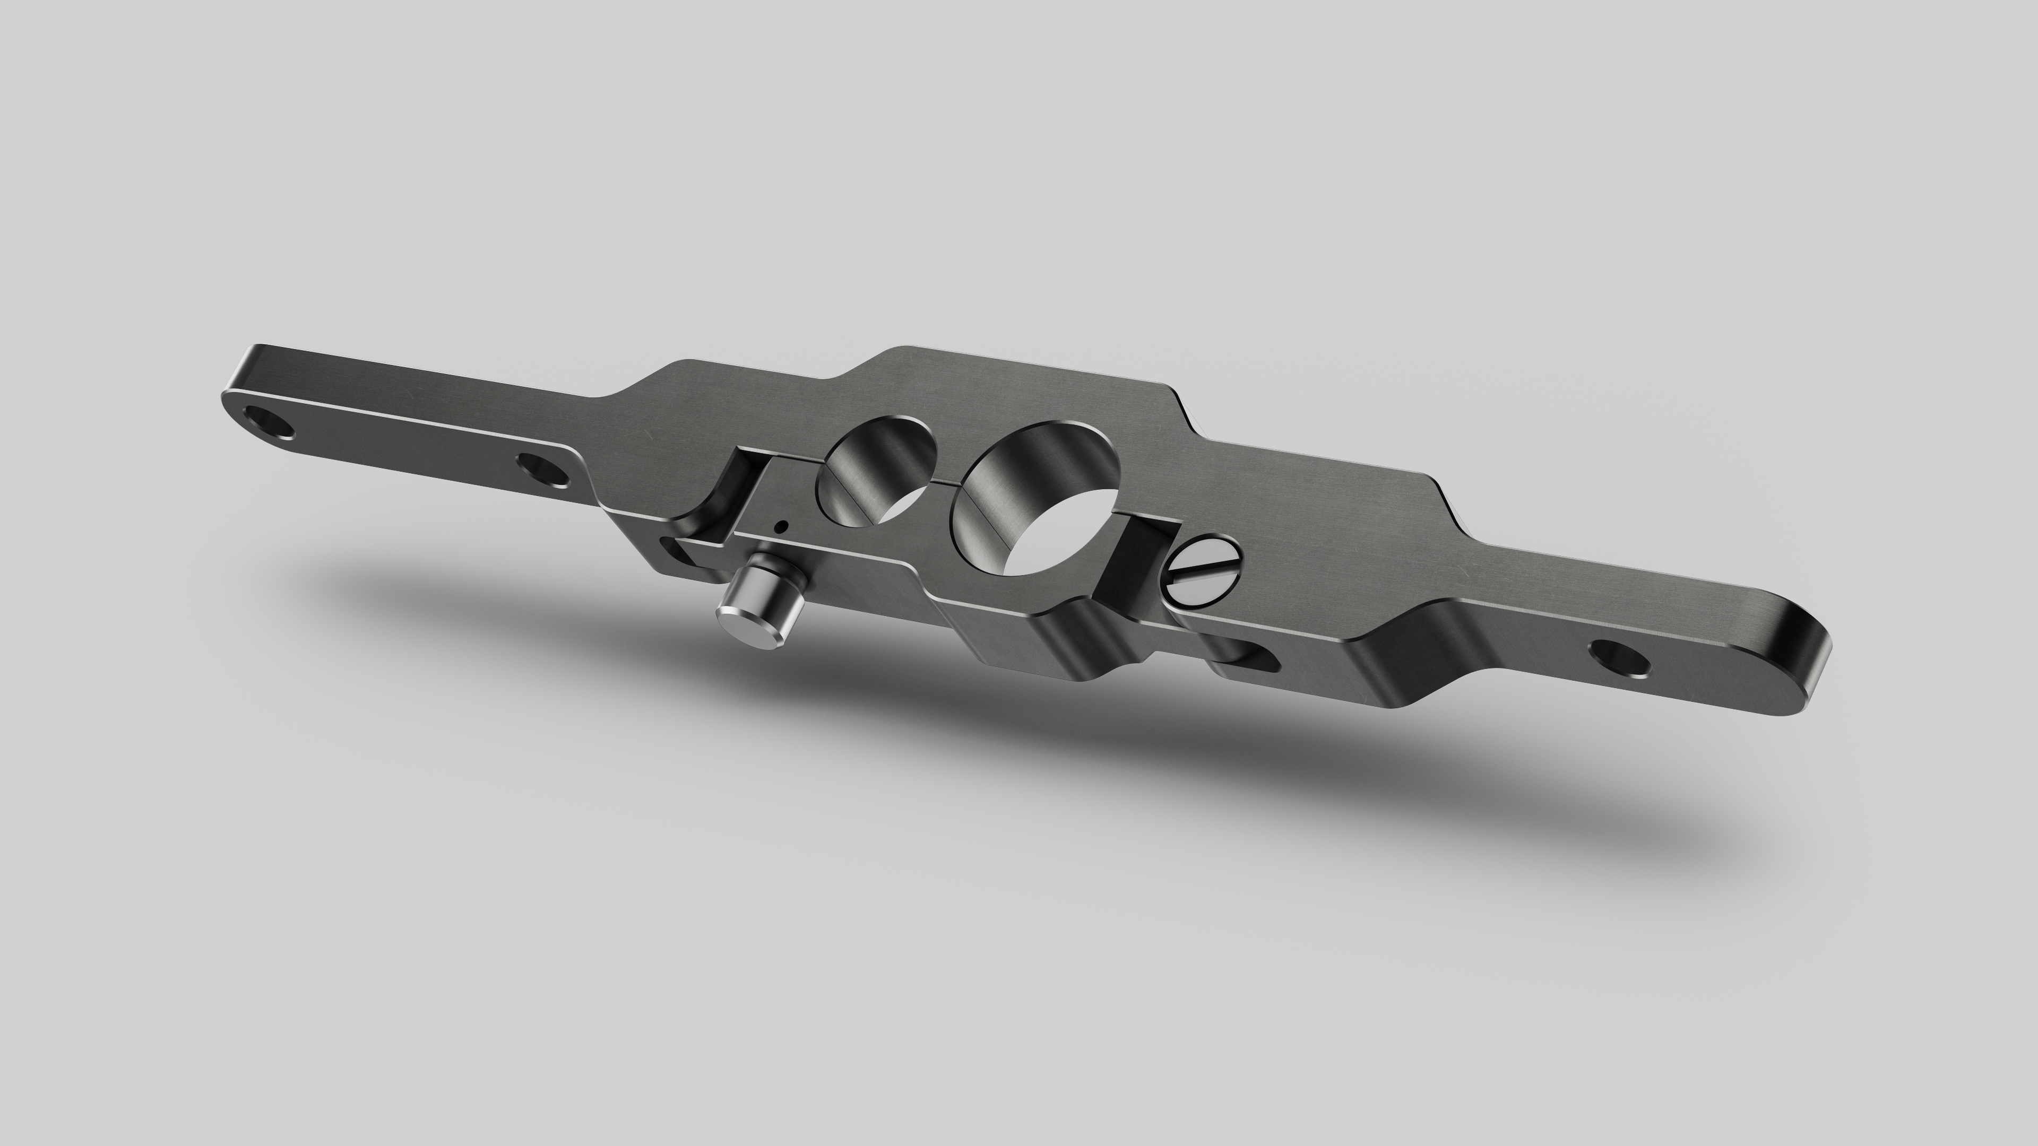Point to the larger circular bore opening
pos(1037,498)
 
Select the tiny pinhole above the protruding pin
pos(782,526)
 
